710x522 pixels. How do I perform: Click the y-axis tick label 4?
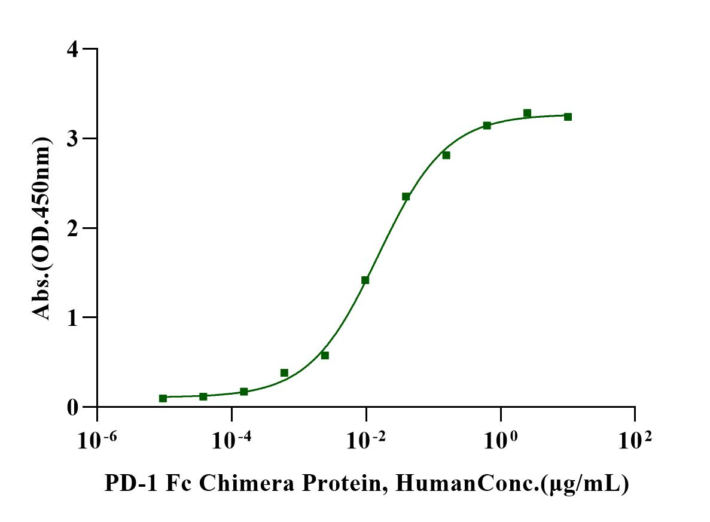(x=73, y=49)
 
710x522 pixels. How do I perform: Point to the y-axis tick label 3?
(x=73, y=139)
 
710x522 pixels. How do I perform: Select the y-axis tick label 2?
(x=73, y=228)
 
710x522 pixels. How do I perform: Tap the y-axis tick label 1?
(x=73, y=318)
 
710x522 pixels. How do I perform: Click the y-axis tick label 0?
(x=73, y=407)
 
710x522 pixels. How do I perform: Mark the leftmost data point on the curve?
(x=163, y=398)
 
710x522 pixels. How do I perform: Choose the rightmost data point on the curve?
(x=568, y=117)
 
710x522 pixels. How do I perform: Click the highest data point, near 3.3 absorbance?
(x=527, y=113)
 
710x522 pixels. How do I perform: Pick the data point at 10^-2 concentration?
(x=365, y=280)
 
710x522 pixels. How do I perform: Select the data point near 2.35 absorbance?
(x=406, y=197)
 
